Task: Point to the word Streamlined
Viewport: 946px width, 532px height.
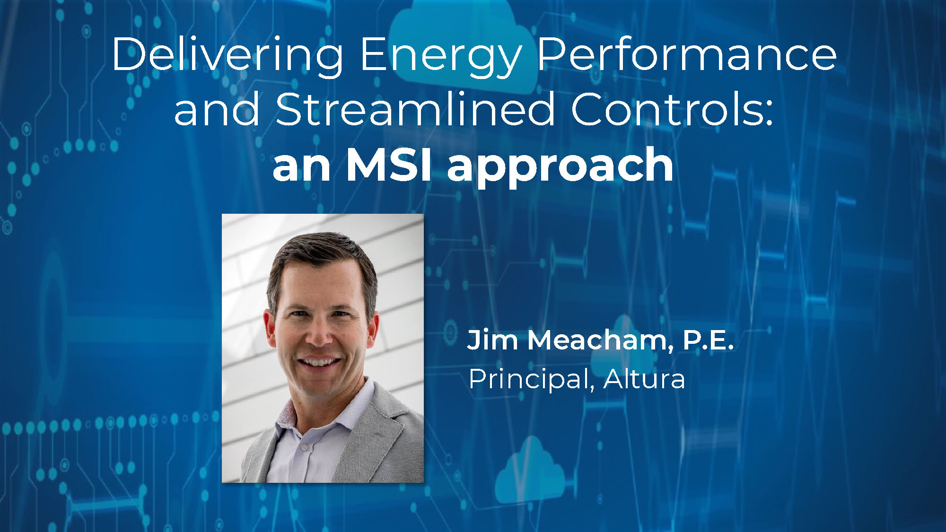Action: (x=415, y=109)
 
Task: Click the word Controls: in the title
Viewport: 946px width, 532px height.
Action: (x=672, y=109)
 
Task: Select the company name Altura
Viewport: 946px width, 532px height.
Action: (x=644, y=378)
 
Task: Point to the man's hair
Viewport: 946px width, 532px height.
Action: (x=322, y=265)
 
